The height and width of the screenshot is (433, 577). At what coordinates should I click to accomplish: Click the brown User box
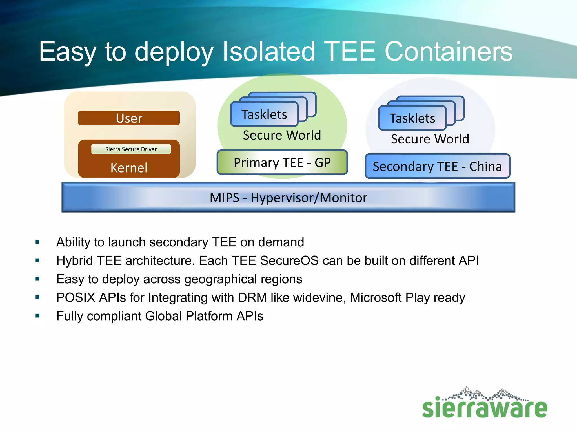pos(129,118)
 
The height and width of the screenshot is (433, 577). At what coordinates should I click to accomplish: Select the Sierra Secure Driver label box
pos(131,149)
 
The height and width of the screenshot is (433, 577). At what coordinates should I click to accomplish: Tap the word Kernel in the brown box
pos(129,168)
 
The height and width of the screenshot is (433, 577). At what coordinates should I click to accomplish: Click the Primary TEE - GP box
pos(282,163)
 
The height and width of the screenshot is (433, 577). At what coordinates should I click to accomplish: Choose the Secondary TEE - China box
pos(437,166)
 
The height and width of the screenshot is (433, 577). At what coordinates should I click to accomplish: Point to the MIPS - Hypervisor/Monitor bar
pos(288,198)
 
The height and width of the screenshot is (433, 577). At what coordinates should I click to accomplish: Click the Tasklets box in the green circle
pos(264,114)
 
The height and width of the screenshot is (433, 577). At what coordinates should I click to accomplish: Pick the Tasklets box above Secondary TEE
pos(412,118)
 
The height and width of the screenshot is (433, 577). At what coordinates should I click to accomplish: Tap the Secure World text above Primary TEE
pos(282,135)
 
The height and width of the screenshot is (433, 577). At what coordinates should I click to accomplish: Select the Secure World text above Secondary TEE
pos(430,139)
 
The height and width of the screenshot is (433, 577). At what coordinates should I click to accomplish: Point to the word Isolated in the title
pos(268,52)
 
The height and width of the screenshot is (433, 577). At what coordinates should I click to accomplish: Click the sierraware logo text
pos(485,408)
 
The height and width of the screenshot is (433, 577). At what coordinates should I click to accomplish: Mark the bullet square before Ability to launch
pos(37,242)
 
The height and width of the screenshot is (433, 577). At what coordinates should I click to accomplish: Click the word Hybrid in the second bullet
pos(75,261)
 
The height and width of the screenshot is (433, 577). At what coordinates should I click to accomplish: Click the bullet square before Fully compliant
pos(37,316)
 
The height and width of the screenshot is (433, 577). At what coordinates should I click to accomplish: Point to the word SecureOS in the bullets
pos(289,260)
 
